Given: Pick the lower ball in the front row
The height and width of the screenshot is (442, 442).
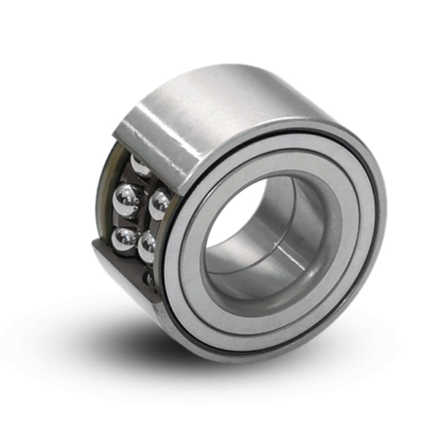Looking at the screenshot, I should tap(149, 246).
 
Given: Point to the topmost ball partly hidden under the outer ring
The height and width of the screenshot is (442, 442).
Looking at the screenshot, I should tap(139, 164).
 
